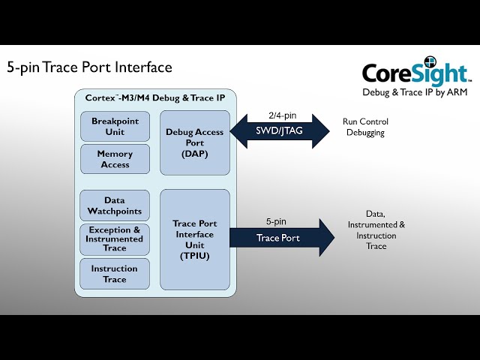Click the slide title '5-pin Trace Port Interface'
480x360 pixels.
(x=89, y=67)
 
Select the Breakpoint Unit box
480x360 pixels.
(x=115, y=126)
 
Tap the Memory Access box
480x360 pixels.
(x=115, y=159)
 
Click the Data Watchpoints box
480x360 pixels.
(x=115, y=205)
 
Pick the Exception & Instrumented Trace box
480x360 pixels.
(x=115, y=238)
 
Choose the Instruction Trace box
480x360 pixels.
(x=115, y=274)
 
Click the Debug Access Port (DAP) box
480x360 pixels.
(x=194, y=142)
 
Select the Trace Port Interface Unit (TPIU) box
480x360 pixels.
(x=194, y=239)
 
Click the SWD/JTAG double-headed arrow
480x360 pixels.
(x=279, y=131)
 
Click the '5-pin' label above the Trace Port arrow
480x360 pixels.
(x=276, y=221)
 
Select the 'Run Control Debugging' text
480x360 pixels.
(x=365, y=127)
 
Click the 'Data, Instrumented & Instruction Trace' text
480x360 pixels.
(x=376, y=230)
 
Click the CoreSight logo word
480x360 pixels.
(x=413, y=73)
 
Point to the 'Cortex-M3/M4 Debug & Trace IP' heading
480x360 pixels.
(x=154, y=98)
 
